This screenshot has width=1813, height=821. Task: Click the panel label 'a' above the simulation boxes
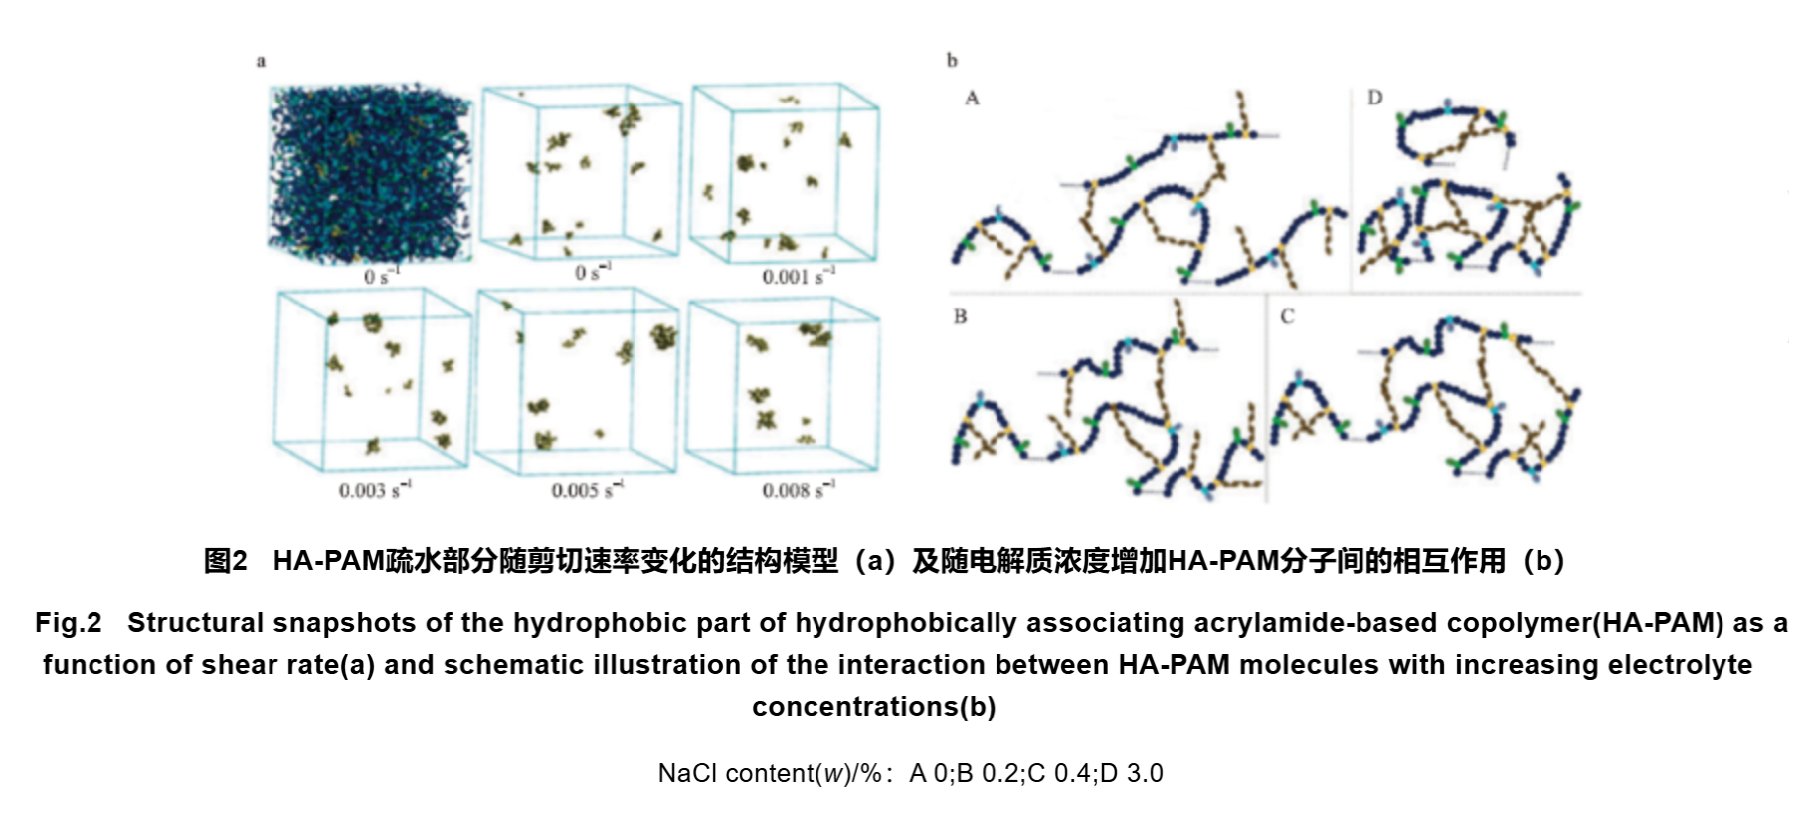tap(261, 62)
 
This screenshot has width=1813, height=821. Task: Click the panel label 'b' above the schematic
tap(952, 61)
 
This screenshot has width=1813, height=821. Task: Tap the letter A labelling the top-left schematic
tap(972, 98)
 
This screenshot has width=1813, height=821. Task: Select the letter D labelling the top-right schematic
tap(1375, 98)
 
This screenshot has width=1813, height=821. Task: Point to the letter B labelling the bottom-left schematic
tap(960, 316)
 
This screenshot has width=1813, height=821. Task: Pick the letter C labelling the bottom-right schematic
tap(1287, 316)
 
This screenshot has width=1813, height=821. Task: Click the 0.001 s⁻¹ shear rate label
tap(799, 276)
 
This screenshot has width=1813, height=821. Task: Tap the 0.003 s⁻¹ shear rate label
tap(375, 489)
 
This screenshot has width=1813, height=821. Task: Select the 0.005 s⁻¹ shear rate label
tap(588, 489)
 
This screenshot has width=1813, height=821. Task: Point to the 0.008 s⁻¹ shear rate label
tap(799, 489)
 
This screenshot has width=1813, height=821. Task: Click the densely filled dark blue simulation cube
tap(370, 172)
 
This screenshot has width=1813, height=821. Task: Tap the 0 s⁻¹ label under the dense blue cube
tap(382, 276)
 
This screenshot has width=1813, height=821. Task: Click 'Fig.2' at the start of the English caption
tap(69, 623)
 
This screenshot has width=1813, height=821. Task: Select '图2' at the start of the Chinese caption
tap(225, 561)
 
